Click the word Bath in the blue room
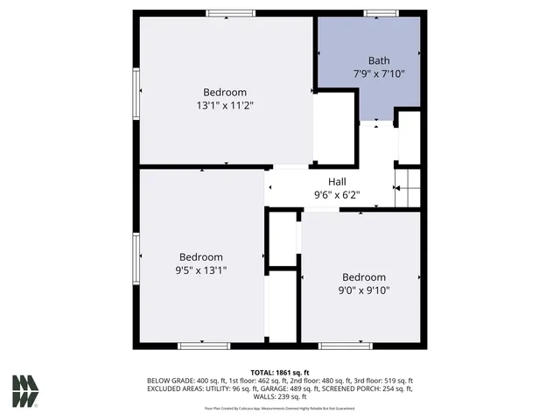379,60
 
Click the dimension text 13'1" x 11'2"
225,105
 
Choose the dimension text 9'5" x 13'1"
201,270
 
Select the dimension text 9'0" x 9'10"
364,290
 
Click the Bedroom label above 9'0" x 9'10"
364,277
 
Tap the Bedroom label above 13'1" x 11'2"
225,92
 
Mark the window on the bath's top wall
378,13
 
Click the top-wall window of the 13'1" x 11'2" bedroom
231,13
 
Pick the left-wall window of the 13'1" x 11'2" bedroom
136,91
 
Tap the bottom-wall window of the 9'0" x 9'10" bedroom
345,346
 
